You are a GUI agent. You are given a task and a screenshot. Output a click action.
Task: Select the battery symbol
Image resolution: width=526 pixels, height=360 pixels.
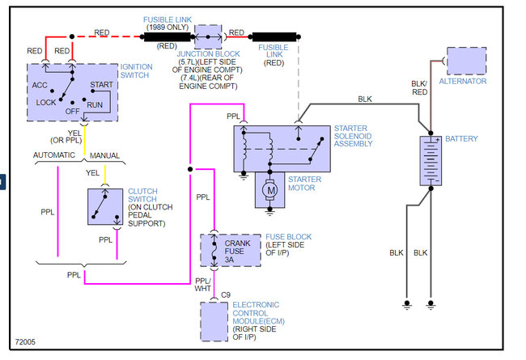click(x=431, y=161)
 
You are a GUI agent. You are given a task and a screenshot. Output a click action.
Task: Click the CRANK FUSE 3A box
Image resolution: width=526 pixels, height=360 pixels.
click(x=231, y=250)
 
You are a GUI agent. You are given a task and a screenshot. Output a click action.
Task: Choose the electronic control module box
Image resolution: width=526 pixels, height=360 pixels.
click(x=214, y=322)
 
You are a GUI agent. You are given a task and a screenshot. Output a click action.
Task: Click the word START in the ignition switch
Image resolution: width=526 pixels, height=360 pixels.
click(x=101, y=84)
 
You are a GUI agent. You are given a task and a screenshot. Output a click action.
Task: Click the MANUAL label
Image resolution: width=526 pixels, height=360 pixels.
click(x=104, y=154)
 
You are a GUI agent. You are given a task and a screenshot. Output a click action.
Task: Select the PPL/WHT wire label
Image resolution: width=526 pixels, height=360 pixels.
click(x=204, y=284)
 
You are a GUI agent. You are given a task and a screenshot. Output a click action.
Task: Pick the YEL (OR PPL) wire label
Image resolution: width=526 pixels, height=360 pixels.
click(x=74, y=136)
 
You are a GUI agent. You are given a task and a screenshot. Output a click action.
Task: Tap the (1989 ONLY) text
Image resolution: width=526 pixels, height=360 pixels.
click(x=168, y=27)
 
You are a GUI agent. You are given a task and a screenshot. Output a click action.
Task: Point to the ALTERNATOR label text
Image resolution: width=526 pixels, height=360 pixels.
click(x=462, y=81)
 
